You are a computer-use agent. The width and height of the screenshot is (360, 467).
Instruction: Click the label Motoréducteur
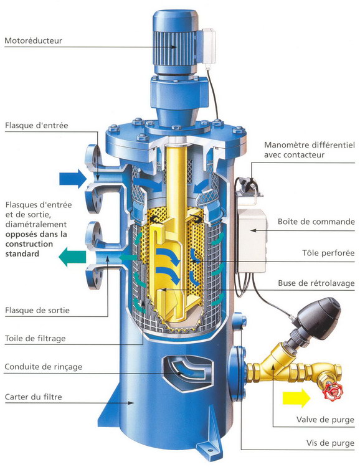coord(34,40)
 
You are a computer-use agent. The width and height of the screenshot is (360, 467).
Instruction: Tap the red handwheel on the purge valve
coord(333,391)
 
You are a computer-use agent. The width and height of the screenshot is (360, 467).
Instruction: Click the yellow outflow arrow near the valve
coord(296,398)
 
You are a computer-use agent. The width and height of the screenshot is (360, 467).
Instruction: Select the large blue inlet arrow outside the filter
coord(73,179)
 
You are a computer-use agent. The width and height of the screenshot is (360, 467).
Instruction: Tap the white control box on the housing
coord(252,240)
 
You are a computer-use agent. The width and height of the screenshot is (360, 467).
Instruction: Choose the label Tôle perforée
coord(328,253)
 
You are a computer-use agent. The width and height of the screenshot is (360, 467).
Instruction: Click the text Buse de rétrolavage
coord(316,283)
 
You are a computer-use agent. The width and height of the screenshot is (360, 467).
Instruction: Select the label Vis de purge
coord(330,443)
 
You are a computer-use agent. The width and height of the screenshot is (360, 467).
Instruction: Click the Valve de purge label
coord(325,420)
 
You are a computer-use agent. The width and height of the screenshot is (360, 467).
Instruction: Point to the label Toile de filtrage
coord(35,338)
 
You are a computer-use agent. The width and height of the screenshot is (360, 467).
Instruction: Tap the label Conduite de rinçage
coord(43,367)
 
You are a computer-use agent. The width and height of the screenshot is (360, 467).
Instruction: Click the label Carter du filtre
coord(34,397)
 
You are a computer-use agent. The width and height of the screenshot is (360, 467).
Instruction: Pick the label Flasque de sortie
coord(37,310)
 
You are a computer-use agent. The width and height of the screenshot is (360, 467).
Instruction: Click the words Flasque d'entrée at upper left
coord(36,125)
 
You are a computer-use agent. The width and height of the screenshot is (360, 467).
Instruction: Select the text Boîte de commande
coord(316,222)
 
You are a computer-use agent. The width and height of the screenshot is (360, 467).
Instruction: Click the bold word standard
coord(22,254)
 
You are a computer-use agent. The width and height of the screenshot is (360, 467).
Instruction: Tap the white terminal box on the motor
coord(209,45)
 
